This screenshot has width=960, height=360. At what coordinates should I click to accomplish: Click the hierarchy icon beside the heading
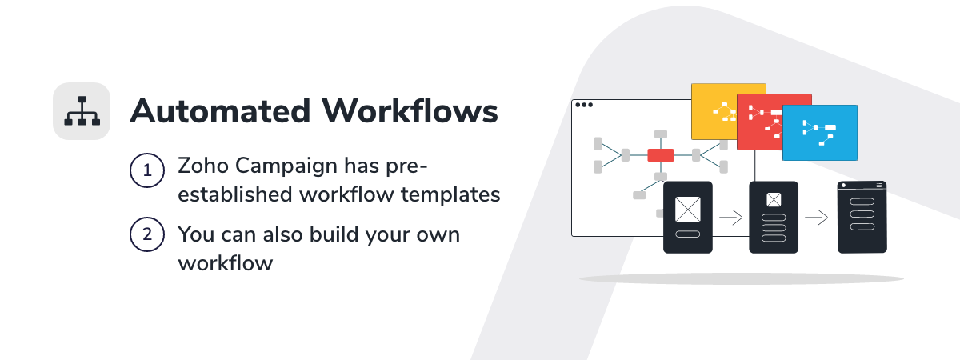[82, 111]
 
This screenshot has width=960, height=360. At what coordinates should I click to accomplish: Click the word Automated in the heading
[220, 111]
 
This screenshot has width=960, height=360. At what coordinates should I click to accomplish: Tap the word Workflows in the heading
[410, 111]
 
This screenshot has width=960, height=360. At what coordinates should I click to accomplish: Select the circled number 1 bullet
[147, 170]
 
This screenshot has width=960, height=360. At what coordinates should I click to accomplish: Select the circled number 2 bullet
[147, 234]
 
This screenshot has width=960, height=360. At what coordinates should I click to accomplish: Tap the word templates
[450, 195]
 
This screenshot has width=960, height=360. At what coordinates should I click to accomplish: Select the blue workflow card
[820, 133]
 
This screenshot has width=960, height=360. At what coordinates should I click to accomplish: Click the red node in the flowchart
[661, 154]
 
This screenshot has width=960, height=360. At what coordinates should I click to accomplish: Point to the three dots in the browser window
[584, 105]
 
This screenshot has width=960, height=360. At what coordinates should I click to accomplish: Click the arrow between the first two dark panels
[730, 218]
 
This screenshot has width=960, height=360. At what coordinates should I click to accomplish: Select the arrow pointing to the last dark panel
[817, 218]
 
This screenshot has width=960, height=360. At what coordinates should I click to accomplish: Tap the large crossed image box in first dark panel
[688, 209]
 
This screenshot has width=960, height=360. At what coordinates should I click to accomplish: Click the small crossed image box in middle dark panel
[774, 200]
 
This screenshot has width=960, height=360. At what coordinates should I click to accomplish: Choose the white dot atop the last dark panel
[843, 186]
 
